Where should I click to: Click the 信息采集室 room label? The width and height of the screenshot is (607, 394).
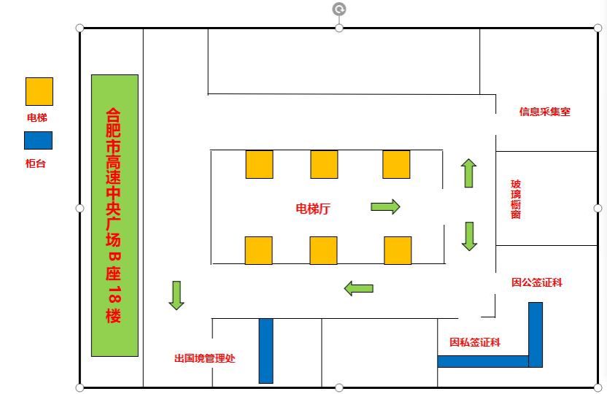pyautogui.click(x=544, y=112)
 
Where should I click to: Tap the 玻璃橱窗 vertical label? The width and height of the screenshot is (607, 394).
pyautogui.click(x=516, y=199)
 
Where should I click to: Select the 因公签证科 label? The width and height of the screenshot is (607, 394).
pyautogui.click(x=537, y=282)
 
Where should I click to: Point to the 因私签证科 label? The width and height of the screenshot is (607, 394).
pyautogui.click(x=475, y=342)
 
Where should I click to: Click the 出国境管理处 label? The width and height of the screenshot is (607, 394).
pyautogui.click(x=204, y=358)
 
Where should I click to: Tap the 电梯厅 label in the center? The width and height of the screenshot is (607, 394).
pyautogui.click(x=313, y=208)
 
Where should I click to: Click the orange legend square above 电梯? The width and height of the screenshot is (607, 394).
pyautogui.click(x=39, y=91)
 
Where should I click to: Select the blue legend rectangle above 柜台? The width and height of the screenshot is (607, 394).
pyautogui.click(x=38, y=140)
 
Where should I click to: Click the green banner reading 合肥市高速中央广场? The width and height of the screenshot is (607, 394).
pyautogui.click(x=115, y=215)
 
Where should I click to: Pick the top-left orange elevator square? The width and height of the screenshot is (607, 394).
pyautogui.click(x=259, y=164)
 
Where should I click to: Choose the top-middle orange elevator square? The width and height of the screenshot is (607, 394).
pyautogui.click(x=324, y=164)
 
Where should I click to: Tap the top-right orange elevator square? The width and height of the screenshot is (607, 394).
pyautogui.click(x=396, y=164)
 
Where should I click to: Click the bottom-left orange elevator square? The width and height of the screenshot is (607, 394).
pyautogui.click(x=258, y=250)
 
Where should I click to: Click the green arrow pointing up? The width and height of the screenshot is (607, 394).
pyautogui.click(x=468, y=173)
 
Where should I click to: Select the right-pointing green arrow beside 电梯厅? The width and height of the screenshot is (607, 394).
pyautogui.click(x=385, y=206)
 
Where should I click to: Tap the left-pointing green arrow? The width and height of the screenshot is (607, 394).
pyautogui.click(x=358, y=288)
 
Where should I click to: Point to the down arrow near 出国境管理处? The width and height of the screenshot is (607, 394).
pyautogui.click(x=176, y=295)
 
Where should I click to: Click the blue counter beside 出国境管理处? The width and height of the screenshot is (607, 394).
pyautogui.click(x=266, y=350)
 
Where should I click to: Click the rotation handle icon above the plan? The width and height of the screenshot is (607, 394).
pyautogui.click(x=339, y=9)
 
